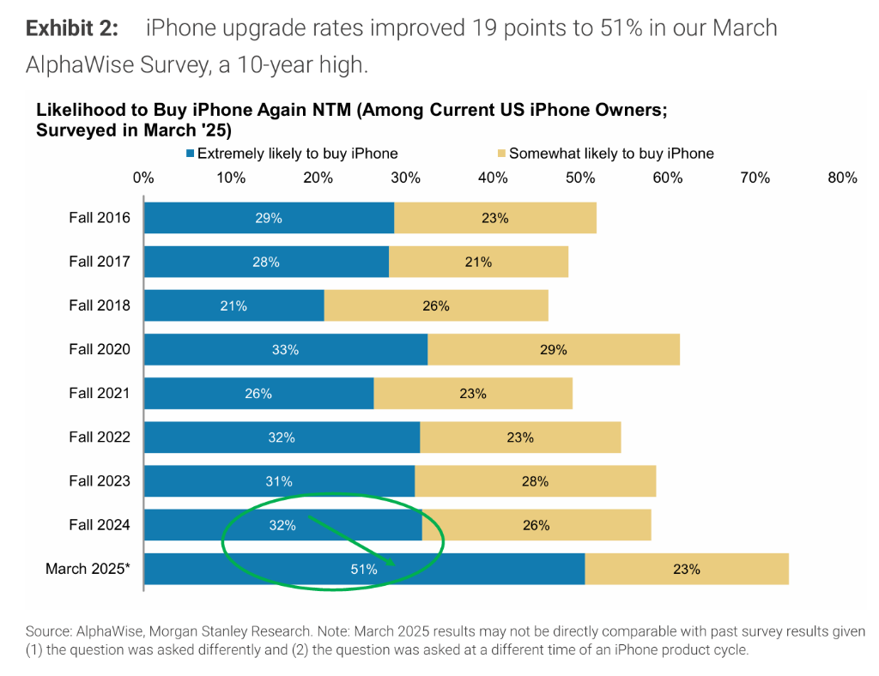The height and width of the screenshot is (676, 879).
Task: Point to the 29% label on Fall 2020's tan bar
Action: tap(554, 349)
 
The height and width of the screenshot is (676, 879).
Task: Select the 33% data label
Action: tap(285, 349)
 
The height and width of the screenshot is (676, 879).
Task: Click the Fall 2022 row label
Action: tap(100, 437)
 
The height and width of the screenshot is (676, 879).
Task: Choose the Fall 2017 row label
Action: tap(100, 262)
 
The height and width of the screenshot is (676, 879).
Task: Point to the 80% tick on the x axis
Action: tap(842, 178)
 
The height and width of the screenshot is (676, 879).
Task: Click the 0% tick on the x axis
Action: tap(143, 178)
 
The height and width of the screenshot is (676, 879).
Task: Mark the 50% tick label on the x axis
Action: tap(580, 178)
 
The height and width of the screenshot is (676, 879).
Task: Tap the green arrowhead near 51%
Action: tap(391, 562)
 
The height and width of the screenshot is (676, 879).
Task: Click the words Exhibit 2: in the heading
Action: tap(71, 28)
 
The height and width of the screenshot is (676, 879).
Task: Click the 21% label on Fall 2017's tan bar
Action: tap(478, 262)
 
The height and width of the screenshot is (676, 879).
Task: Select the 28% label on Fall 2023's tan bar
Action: tap(535, 481)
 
